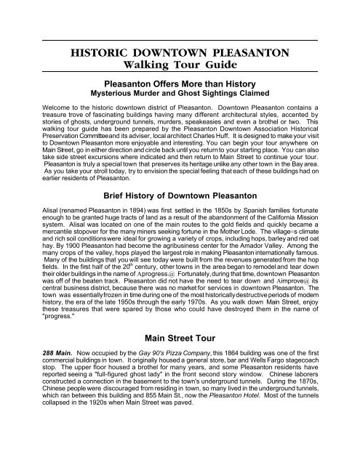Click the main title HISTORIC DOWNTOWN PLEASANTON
[x=179, y=52]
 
